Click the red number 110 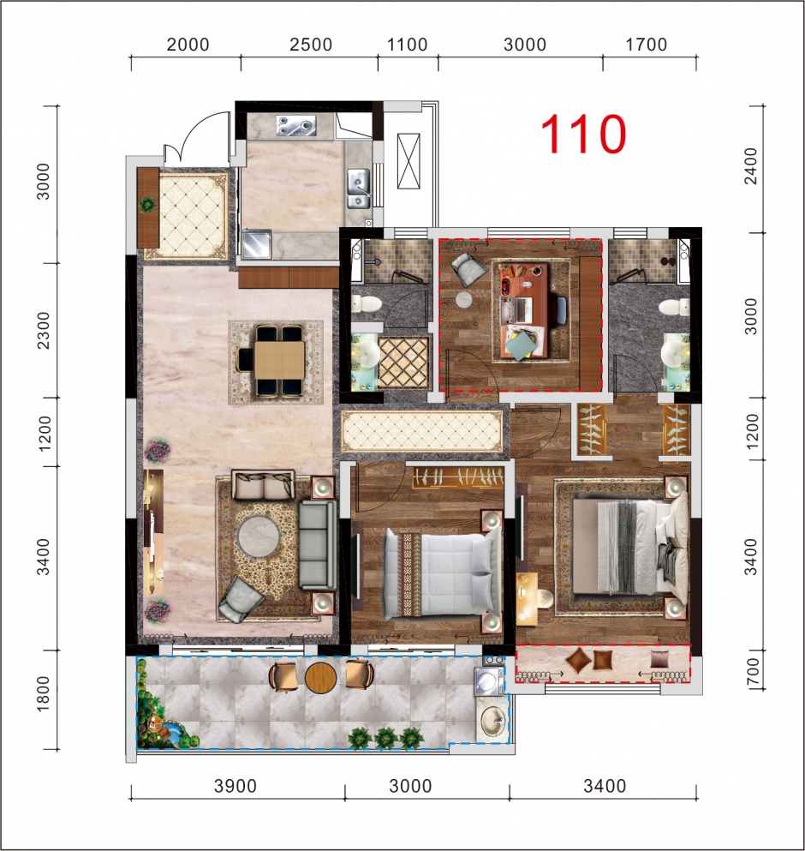(584, 134)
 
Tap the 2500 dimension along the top (311, 45)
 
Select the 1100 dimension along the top (407, 45)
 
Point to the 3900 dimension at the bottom (236, 786)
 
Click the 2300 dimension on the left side (44, 330)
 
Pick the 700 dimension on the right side (752, 673)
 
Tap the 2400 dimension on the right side (750, 166)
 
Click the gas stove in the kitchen (296, 125)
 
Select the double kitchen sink (359, 188)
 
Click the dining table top (279, 360)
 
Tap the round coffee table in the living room (259, 536)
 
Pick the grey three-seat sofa (318, 545)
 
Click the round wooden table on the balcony (320, 677)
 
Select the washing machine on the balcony (489, 680)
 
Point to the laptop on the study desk (517, 310)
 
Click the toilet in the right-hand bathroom (674, 307)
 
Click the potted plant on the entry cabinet (147, 205)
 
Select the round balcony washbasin (492, 722)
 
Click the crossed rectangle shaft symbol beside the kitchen (408, 161)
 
